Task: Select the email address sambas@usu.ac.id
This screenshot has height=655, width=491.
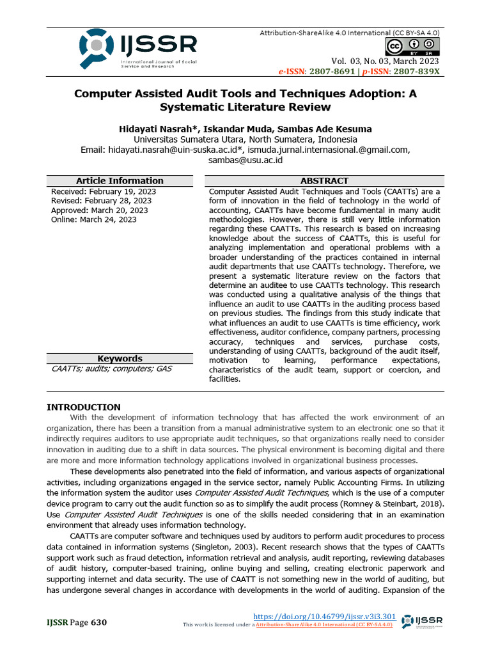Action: pyautogui.click(x=245, y=160)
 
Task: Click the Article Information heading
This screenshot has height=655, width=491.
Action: pyautogui.click(x=120, y=181)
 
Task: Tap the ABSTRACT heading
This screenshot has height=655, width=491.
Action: pyautogui.click(x=324, y=181)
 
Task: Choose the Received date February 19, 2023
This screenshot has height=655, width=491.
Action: pyautogui.click(x=121, y=191)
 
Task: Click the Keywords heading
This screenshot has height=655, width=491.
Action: pyautogui.click(x=120, y=359)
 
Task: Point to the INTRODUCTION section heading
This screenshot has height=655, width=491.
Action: pyautogui.click(x=84, y=407)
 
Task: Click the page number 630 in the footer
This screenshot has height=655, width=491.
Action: pyautogui.click(x=99, y=622)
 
